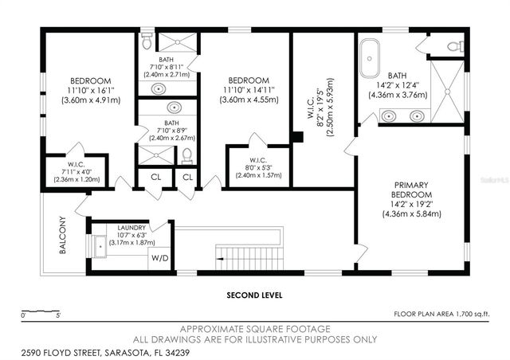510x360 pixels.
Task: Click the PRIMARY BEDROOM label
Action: point(411,195)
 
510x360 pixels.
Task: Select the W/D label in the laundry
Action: point(160,258)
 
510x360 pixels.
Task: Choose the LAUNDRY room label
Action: point(131,228)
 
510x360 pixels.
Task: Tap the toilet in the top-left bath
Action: point(145,36)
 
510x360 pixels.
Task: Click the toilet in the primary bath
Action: point(455,46)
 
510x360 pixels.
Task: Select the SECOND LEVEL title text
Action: point(255,295)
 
